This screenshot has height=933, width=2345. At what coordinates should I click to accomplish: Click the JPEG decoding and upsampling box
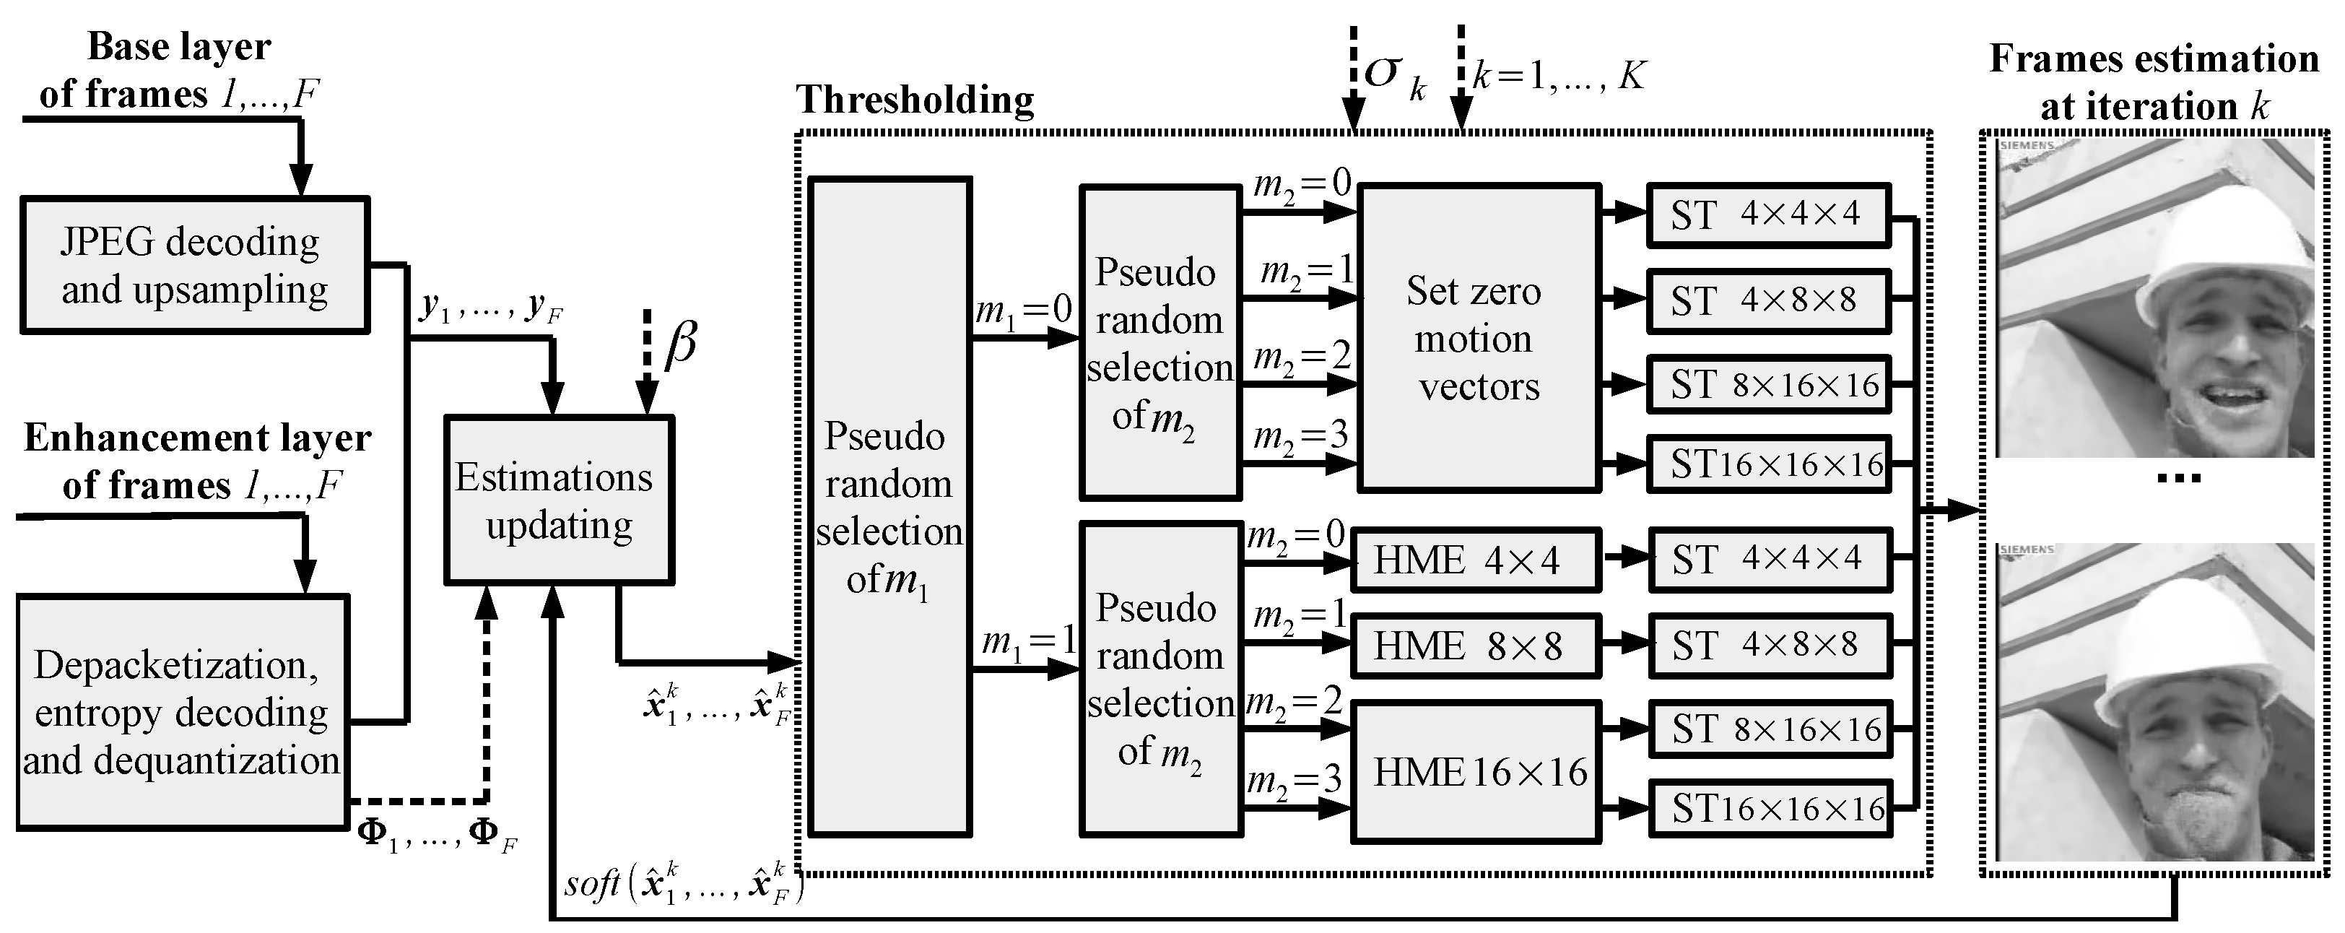coord(194,265)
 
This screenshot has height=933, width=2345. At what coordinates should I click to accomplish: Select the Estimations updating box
coord(558,500)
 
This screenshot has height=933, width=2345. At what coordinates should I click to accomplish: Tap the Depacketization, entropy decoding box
coord(182,712)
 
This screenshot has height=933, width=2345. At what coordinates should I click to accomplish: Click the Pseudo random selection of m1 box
coord(889,507)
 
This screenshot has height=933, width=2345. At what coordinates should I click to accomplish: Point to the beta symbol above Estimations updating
coord(680,346)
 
